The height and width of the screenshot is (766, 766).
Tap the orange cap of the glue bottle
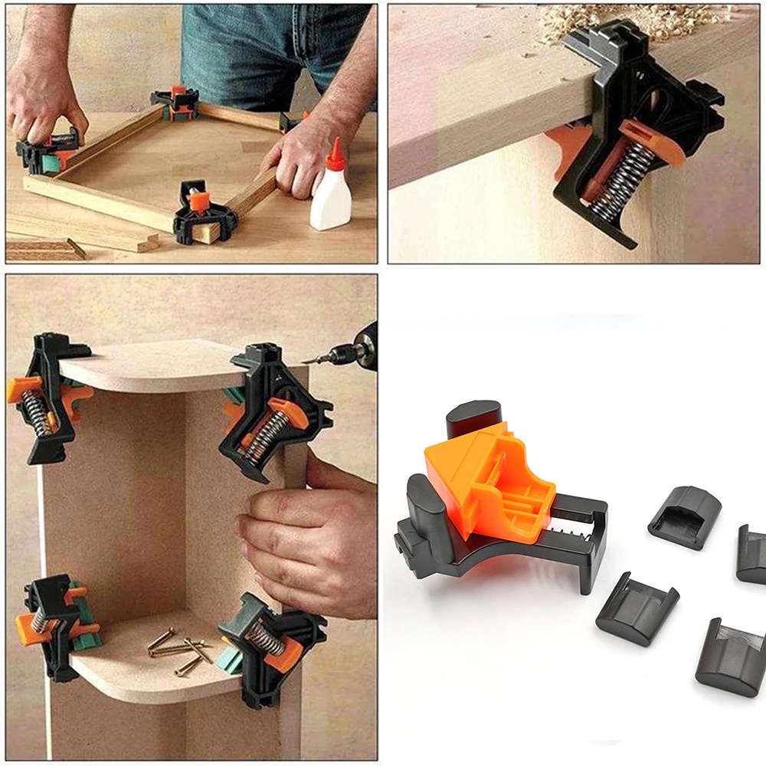click(334, 154)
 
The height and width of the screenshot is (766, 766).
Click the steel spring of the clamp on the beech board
click(624, 181)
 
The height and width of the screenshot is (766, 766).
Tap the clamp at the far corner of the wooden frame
click(175, 103)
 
